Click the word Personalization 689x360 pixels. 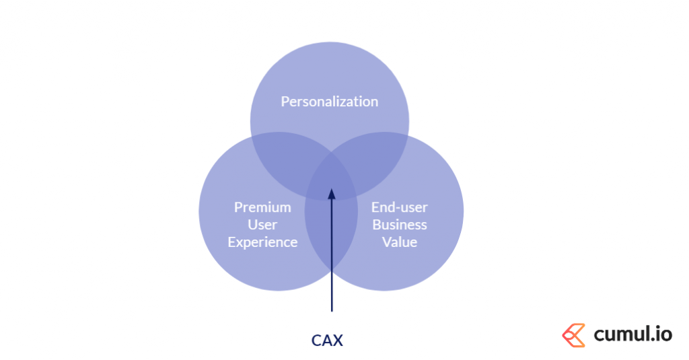(329, 102)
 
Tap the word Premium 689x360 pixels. (262, 207)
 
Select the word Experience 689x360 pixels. (262, 242)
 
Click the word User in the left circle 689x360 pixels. (262, 225)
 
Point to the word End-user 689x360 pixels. (400, 207)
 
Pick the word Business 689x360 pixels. (400, 225)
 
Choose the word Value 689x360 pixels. (400, 242)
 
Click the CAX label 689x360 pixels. (327, 340)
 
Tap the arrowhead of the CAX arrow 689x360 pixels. (331, 194)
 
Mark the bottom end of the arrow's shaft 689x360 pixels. (331, 310)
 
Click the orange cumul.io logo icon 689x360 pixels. (573, 335)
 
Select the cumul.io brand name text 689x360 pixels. (632, 334)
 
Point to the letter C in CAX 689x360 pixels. (316, 340)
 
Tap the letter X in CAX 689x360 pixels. (338, 340)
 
